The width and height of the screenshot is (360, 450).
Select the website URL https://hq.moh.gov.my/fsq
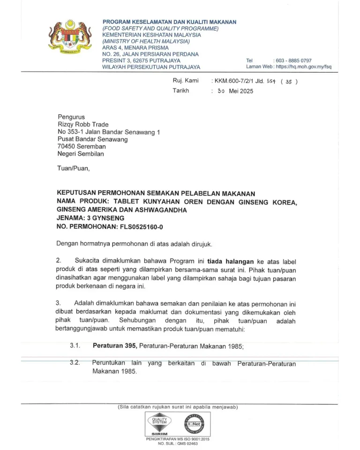pos(304,67)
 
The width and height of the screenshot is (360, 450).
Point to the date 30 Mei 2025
pos(235,91)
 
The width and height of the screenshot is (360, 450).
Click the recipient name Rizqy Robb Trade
pos(83,124)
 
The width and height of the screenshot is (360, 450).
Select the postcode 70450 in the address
pos(67,146)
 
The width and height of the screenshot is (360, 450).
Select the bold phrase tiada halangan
pos(231,261)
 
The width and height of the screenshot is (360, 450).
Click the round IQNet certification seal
pos(193,424)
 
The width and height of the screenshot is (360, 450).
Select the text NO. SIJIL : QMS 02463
pos(178,443)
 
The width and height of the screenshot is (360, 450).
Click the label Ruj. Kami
pos(186,81)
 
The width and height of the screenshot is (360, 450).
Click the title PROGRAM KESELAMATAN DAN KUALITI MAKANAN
pos(169,22)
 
